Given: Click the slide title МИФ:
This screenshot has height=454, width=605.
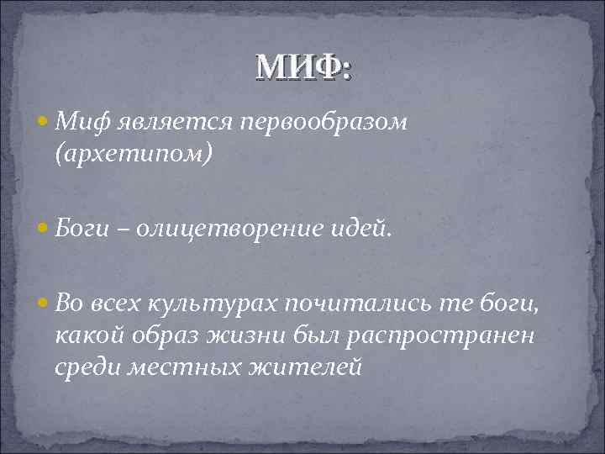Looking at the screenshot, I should (304, 66).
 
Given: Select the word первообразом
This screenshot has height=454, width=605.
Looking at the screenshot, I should (324, 124).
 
